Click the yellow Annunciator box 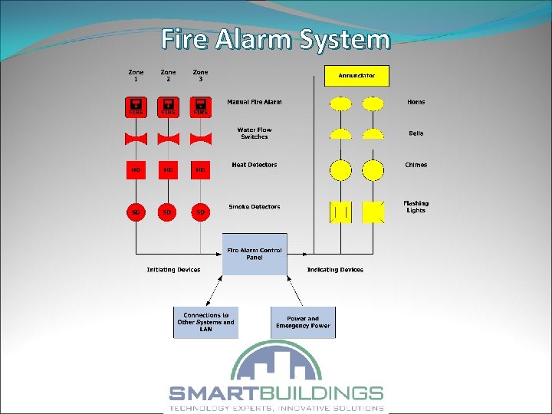pos(356,76)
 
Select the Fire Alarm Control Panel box pos(255,254)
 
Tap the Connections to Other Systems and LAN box pos(205,323)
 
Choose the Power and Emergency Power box pos(303,323)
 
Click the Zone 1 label pos(136,76)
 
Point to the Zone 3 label pos(200,76)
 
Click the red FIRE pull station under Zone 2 pos(168,107)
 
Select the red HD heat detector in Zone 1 pos(136,169)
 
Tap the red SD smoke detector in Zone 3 pos(200,211)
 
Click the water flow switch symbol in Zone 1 pos(136,138)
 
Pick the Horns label pos(416,102)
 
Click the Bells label pos(416,133)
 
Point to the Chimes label pos(416,165)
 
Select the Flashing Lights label pos(416,207)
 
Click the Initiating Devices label pos(173,270)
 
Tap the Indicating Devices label pos(335,270)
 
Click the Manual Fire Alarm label pos(254,102)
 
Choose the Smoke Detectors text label pos(254,207)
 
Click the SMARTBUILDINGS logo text pos(276,393)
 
